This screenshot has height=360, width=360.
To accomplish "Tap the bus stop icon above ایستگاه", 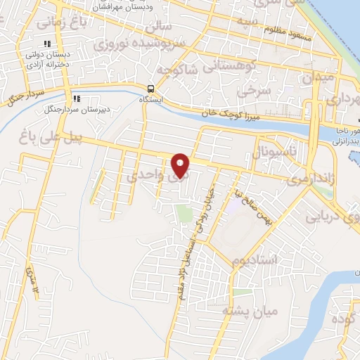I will [151, 88].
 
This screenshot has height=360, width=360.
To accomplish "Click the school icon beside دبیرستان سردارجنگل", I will [75, 99].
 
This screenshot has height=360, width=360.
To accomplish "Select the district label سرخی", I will [249, 91].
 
